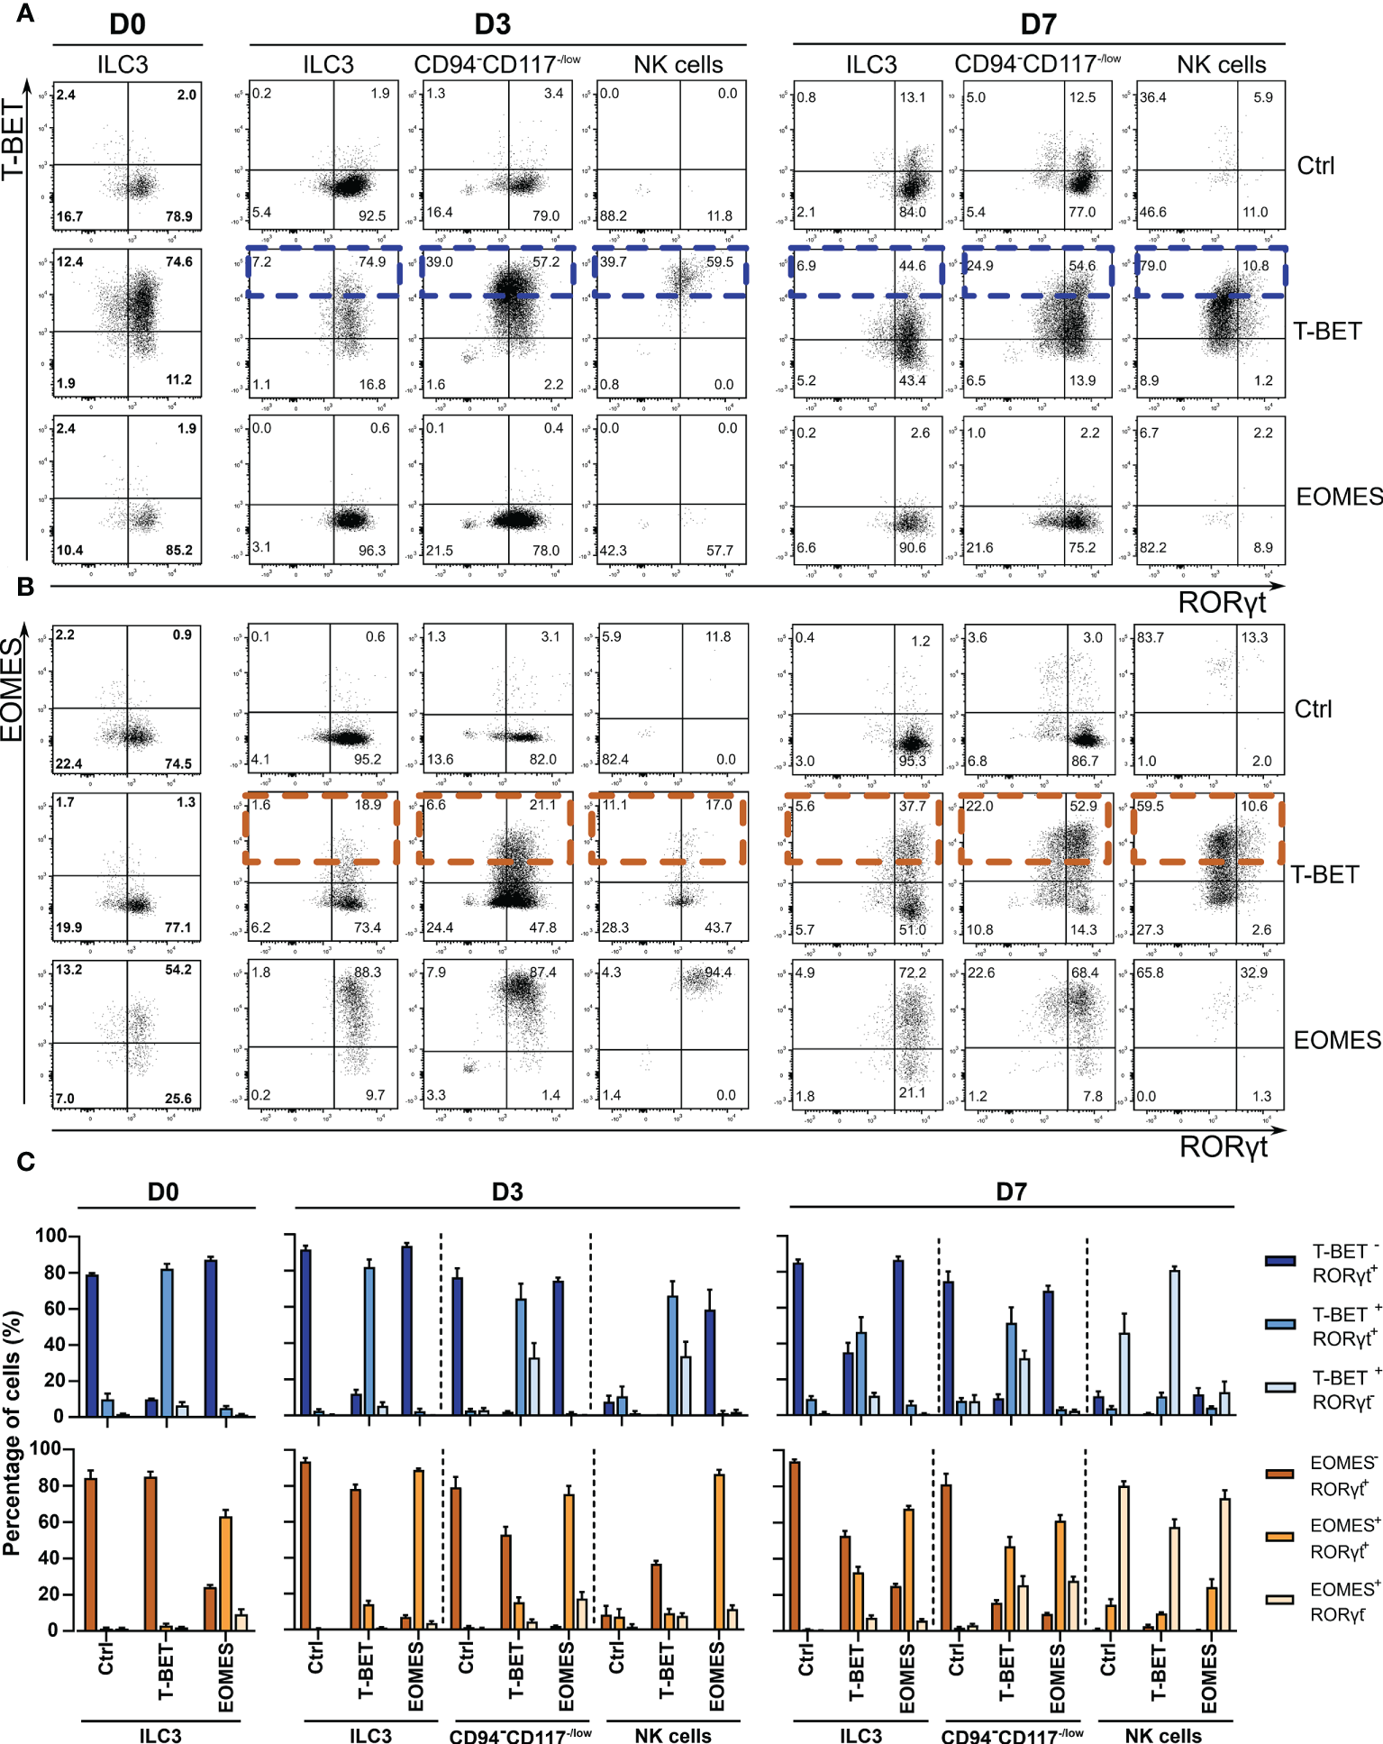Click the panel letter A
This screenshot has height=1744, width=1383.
pos(25,14)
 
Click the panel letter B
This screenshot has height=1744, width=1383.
pos(25,587)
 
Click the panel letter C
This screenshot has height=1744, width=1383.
pos(25,1162)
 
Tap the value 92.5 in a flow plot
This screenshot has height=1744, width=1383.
pos(371,216)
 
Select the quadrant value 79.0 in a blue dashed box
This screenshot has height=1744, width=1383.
pos(1153,266)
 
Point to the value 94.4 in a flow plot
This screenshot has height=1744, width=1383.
pos(718,972)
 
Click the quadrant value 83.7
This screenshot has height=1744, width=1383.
pos(1151,637)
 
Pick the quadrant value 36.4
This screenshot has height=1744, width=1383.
pos(1153,97)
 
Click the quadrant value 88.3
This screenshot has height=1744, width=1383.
pos(368,972)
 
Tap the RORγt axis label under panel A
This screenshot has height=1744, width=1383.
pos(1222,602)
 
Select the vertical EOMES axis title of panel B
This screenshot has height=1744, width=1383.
pos(11,689)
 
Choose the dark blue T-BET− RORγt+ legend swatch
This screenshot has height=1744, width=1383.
pos(1279,1261)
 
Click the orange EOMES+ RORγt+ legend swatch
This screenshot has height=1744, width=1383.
pos(1279,1536)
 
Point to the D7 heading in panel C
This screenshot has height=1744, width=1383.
pos(1011,1192)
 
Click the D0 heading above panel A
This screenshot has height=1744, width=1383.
pos(127,24)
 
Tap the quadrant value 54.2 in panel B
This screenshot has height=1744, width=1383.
pos(177,970)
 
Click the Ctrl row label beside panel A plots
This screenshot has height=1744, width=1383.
pos(1315,166)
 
